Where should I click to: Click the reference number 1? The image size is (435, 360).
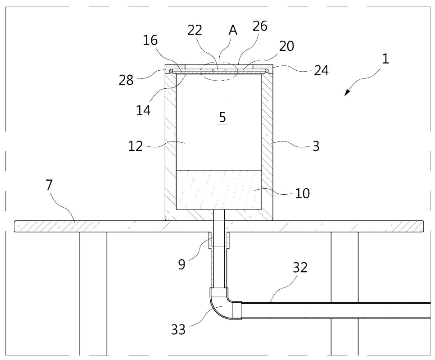click(386, 59)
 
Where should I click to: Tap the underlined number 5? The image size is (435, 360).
click(222, 117)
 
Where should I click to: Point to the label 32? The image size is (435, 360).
click(300, 268)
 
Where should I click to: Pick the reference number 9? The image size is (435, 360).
click(181, 264)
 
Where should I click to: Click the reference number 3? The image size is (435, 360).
click(316, 146)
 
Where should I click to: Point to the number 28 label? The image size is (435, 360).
click(127, 80)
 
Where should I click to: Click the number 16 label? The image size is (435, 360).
click(151, 41)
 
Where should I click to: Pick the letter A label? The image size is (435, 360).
click(233, 30)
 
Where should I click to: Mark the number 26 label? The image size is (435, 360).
click(260, 26)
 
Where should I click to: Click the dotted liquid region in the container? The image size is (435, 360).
click(218, 189)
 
